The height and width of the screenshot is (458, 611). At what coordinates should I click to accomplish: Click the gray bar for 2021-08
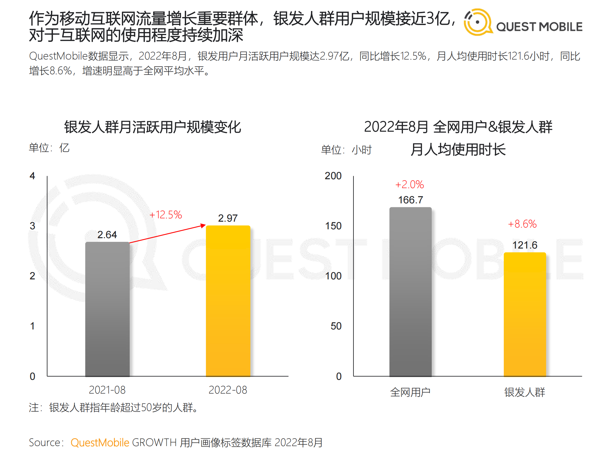click(107, 308)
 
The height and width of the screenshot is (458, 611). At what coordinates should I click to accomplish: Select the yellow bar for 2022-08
click(228, 301)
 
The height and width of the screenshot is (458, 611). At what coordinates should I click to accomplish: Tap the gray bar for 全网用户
click(410, 292)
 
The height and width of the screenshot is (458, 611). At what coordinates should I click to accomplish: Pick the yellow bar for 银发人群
click(525, 314)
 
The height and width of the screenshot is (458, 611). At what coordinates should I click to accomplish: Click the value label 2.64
click(107, 234)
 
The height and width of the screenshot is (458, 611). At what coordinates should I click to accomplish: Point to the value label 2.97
click(228, 218)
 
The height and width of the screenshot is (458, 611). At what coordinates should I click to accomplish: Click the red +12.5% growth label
click(166, 215)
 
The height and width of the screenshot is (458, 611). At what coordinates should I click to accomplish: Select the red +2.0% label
click(410, 184)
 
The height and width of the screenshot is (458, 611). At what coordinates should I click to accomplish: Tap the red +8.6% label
click(522, 224)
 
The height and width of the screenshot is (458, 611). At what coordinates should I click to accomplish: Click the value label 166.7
click(410, 200)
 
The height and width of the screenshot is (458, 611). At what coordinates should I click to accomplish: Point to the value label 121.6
click(525, 245)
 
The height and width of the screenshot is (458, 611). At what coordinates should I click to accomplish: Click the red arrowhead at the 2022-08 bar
click(203, 225)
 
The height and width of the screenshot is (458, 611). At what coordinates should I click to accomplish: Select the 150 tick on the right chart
click(333, 226)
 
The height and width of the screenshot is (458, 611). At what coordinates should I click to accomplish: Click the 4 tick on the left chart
click(32, 176)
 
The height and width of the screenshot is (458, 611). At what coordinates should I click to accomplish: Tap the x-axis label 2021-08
click(107, 390)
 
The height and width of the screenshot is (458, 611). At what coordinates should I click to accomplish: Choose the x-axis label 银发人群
click(525, 392)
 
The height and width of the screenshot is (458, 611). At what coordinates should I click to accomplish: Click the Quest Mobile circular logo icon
click(477, 22)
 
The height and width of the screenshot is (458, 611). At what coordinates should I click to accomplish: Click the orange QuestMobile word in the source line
click(100, 442)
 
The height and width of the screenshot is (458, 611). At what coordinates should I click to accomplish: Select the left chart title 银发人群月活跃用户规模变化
click(152, 127)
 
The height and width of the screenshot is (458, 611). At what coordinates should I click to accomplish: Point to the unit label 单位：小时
click(346, 150)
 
